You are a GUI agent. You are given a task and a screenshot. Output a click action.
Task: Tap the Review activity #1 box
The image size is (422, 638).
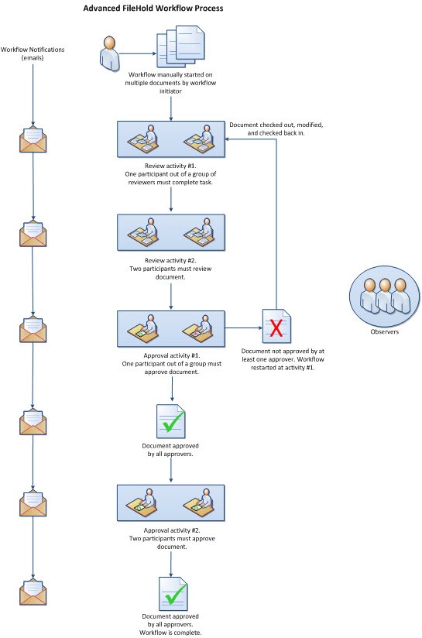point(170,140)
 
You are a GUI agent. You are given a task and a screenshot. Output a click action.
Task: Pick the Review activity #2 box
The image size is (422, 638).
point(170,232)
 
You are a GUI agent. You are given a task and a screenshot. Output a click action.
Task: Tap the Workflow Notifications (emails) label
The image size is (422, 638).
point(33,53)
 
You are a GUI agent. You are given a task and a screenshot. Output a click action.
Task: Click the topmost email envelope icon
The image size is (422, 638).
point(33,140)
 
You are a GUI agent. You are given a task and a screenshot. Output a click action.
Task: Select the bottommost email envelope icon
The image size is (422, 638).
point(33,592)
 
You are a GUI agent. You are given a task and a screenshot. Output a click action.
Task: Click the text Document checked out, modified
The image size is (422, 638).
point(276,125)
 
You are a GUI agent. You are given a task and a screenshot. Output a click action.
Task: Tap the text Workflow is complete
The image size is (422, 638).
point(171,633)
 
